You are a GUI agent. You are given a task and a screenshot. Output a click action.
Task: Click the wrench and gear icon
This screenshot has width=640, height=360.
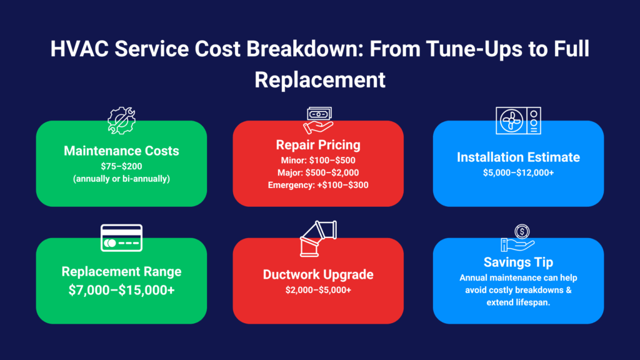pyautogui.click(x=121, y=121)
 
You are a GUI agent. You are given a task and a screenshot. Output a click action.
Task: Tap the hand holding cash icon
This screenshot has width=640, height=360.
pyautogui.click(x=318, y=121)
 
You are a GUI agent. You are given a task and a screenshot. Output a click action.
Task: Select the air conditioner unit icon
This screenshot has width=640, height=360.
pyautogui.click(x=518, y=121)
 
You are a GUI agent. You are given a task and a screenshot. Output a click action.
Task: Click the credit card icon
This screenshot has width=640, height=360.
pyautogui.click(x=122, y=238)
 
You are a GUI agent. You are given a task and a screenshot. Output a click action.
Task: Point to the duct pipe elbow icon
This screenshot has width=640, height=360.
pyautogui.click(x=318, y=239)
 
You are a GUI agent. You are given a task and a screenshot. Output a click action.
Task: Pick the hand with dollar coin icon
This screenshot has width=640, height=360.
pyautogui.click(x=518, y=238)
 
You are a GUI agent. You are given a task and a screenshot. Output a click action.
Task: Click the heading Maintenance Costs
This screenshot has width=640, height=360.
pyautogui.click(x=121, y=151)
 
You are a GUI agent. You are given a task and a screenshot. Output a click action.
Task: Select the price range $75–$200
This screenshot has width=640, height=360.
pyautogui.click(x=121, y=166)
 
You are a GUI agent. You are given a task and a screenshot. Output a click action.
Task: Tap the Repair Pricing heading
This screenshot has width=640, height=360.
pyautogui.click(x=318, y=145)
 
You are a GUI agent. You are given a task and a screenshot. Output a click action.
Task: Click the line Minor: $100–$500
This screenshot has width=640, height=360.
pyautogui.click(x=318, y=161)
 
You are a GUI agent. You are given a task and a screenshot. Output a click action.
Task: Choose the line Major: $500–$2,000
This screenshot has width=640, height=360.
pyautogui.click(x=318, y=172)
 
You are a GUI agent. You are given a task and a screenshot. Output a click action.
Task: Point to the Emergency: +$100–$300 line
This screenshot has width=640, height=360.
pyautogui.click(x=318, y=185)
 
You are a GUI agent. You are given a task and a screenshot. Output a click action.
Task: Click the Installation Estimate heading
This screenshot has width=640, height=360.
pyautogui.click(x=518, y=157)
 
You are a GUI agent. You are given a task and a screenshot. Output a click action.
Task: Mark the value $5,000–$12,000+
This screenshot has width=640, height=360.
pyautogui.click(x=518, y=172)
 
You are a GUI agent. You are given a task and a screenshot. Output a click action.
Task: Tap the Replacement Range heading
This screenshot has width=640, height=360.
pyautogui.click(x=121, y=272)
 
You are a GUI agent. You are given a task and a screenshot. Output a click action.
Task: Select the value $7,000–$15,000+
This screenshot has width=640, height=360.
pyautogui.click(x=121, y=290)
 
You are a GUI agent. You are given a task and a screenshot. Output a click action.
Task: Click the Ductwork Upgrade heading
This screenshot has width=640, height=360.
pyautogui.click(x=318, y=275)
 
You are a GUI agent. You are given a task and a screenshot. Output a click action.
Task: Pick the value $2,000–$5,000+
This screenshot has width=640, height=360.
pyautogui.click(x=318, y=290)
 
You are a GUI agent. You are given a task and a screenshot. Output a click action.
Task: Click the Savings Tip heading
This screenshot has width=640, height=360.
pyautogui.click(x=518, y=262)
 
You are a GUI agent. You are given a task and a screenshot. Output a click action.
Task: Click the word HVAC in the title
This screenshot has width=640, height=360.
pyautogui.click(x=79, y=49)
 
